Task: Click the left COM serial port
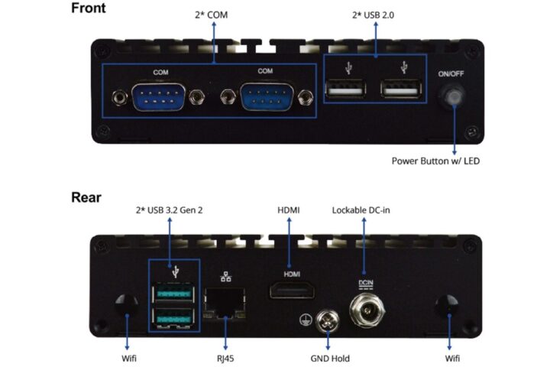pyautogui.click(x=159, y=98)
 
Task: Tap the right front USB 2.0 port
pyautogui.click(x=402, y=90)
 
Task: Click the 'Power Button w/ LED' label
pyautogui.click(x=435, y=161)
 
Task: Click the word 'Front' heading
pyautogui.click(x=89, y=9)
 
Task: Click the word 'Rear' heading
pyautogui.click(x=86, y=197)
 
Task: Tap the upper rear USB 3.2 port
pyautogui.click(x=175, y=293)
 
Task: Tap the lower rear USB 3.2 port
pyautogui.click(x=175, y=316)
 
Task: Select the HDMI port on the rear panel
pyautogui.click(x=293, y=291)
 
